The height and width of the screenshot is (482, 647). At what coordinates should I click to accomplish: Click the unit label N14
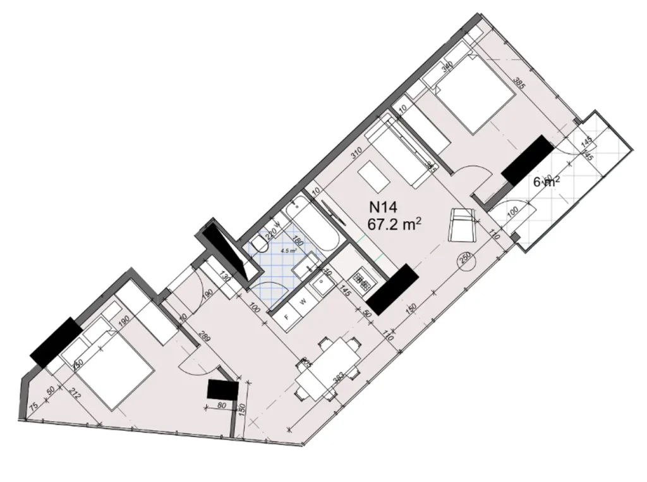click(383, 206)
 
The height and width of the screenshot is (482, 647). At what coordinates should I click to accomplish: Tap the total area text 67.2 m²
click(394, 223)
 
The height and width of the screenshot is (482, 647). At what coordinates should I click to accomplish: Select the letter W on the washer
click(303, 301)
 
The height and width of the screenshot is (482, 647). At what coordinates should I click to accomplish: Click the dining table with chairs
click(326, 369)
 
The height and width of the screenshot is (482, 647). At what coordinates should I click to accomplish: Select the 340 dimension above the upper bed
click(449, 67)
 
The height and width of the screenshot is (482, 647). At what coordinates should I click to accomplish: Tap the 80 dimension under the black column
click(221, 406)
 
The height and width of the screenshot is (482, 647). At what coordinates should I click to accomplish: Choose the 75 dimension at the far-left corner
click(32, 407)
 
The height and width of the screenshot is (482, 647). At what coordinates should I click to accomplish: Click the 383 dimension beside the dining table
click(338, 379)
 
